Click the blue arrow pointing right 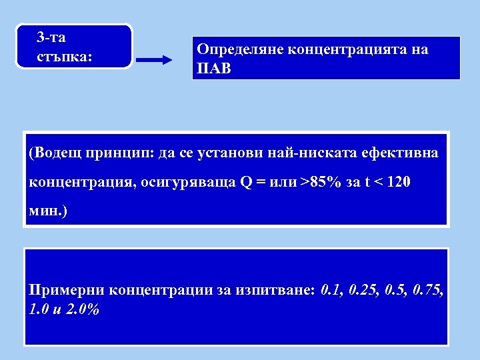pos(154,61)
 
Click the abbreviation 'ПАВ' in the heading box pos(213,68)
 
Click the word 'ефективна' pos(400,154)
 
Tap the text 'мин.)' pos(49,211)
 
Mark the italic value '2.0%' pos(83,310)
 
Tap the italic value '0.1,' pos(331,291)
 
